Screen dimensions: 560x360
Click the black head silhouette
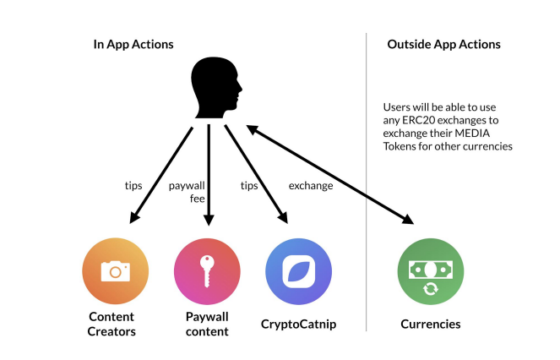215,88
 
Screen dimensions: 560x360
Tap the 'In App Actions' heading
133,44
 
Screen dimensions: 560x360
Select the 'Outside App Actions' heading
443,44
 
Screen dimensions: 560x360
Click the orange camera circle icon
116,271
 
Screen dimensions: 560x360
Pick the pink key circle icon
207,271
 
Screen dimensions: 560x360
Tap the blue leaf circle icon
298,271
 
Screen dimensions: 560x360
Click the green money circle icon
431,271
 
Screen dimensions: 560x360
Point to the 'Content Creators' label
111,324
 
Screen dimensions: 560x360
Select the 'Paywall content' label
207,324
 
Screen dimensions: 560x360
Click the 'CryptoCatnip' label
298,325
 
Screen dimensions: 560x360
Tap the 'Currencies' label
431,324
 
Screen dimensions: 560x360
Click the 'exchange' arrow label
311,186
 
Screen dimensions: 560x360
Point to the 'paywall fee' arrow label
187,192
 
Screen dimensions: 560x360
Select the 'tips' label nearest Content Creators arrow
133,186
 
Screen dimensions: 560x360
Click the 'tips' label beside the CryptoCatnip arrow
249,186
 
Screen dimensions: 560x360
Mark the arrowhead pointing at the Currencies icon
407,218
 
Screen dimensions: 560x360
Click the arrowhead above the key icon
209,220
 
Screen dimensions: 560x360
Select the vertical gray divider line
366,182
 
